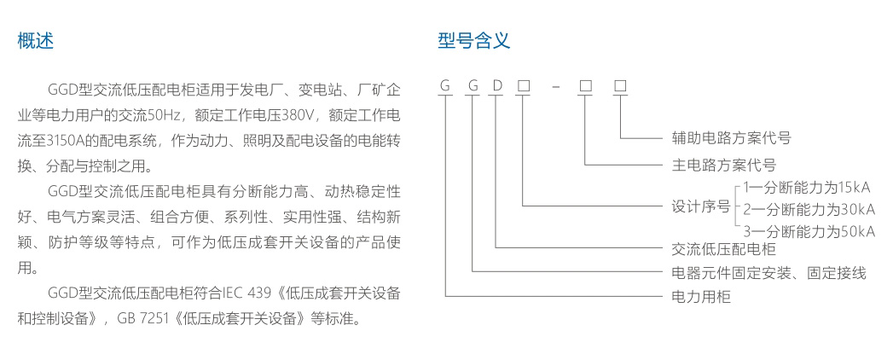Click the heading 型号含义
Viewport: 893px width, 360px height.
click(473, 40)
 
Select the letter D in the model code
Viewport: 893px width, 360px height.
click(496, 86)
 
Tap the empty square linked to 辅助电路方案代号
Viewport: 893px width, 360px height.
click(620, 86)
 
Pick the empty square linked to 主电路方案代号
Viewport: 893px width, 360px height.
click(585, 86)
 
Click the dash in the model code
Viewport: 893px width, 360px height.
click(555, 87)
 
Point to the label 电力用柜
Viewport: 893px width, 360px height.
click(697, 297)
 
